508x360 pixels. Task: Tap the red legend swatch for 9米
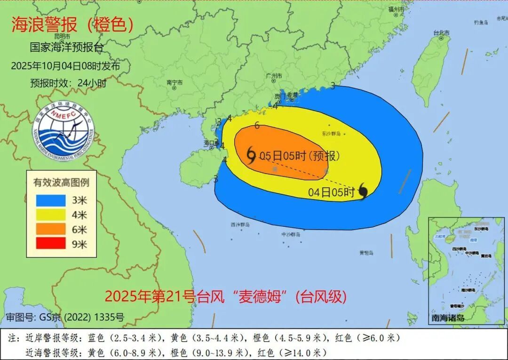(x=51, y=244)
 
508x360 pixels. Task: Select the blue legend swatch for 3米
(x=51, y=200)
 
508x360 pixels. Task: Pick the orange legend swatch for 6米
(x=51, y=229)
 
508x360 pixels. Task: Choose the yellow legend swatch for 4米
(x=51, y=215)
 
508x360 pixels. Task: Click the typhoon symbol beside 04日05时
(x=363, y=191)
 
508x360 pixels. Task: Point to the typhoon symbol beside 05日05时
(x=251, y=155)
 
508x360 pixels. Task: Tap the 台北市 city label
(x=441, y=33)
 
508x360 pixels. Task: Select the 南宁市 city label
(x=175, y=82)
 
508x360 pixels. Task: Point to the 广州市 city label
(x=274, y=76)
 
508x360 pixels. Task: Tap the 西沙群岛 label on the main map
(x=240, y=225)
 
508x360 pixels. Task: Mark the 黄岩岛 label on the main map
(x=366, y=253)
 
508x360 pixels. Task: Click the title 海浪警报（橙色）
(x=72, y=25)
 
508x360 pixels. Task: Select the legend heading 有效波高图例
(x=61, y=183)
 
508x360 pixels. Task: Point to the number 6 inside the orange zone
(x=257, y=126)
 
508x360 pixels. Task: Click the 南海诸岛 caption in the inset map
(x=448, y=318)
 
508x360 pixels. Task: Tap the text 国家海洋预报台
(x=66, y=48)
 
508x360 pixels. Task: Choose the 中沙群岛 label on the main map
(x=291, y=234)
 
